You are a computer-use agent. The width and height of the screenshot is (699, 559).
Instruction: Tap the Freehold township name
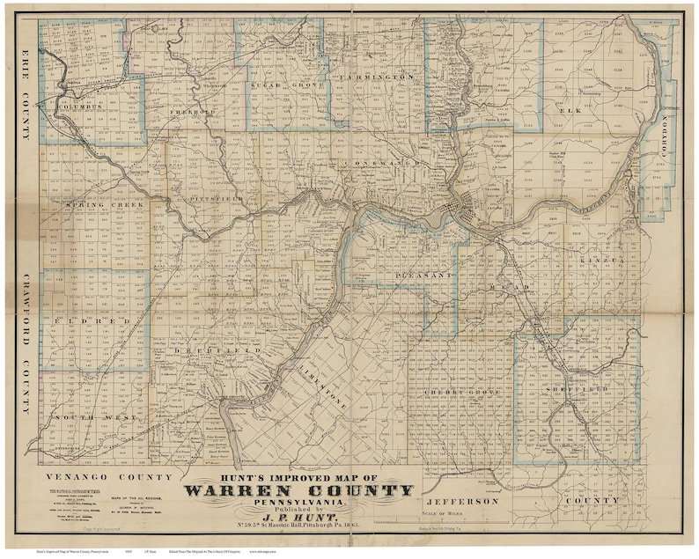[192, 112]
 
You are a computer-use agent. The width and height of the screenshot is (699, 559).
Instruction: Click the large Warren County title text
[298, 491]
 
